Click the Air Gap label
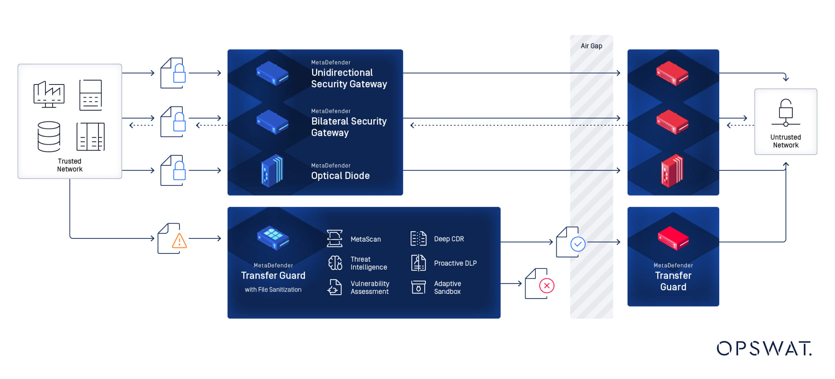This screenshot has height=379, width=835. (591, 46)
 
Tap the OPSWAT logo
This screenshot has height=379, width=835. (764, 348)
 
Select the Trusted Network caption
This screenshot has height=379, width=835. (70, 165)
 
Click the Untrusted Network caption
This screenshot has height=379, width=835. (785, 141)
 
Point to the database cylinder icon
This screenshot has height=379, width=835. (49, 137)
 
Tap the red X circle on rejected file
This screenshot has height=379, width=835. (547, 286)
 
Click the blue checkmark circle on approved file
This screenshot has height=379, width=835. (578, 244)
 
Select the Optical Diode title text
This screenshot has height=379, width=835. (340, 176)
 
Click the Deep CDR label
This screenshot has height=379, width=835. (449, 239)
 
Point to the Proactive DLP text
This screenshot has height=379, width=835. (455, 263)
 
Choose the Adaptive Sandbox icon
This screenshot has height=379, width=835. (418, 287)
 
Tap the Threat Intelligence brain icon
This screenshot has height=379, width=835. (335, 263)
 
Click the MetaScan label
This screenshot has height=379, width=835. (365, 239)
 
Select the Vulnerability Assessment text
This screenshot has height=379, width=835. (369, 287)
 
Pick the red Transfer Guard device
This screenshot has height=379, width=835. (673, 238)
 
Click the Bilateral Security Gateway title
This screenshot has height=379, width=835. (349, 127)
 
